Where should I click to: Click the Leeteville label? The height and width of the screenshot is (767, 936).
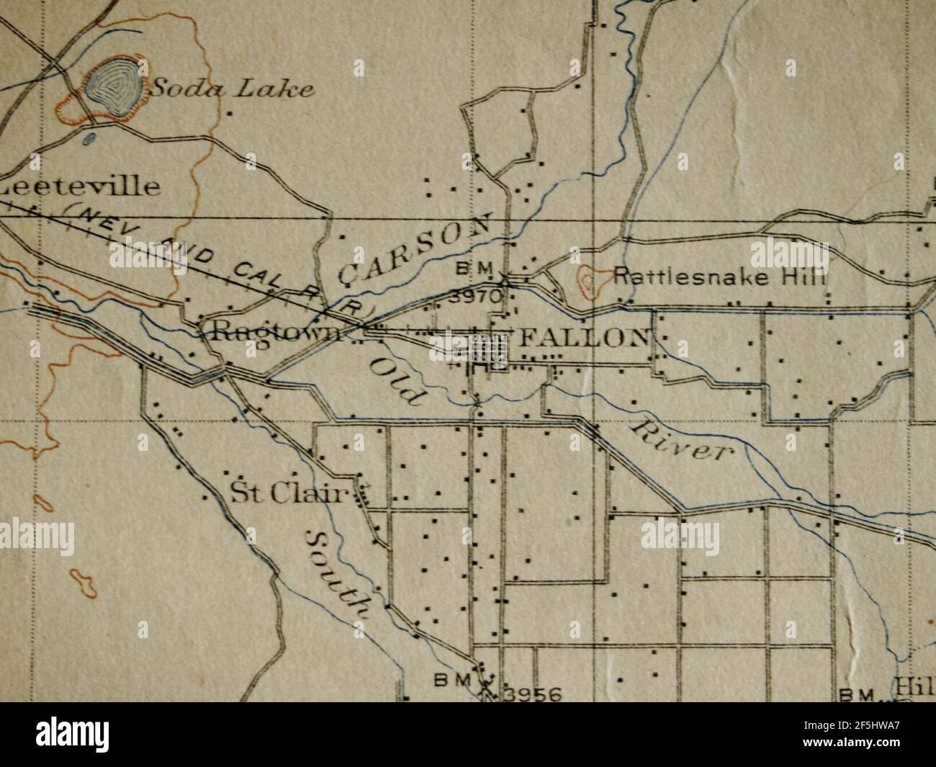[x=79, y=187]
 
